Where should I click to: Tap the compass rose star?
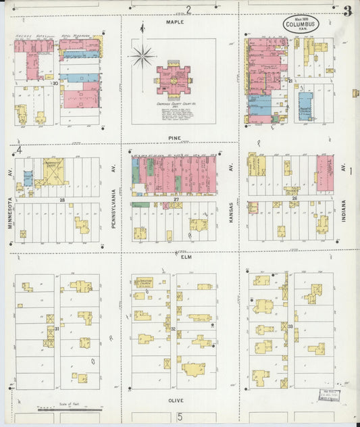point(142,56)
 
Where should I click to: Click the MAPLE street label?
point(175,22)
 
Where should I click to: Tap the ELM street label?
point(187,257)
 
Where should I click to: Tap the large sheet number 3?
point(347,11)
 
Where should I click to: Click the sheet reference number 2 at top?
point(189,9)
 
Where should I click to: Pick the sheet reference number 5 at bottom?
point(180,417)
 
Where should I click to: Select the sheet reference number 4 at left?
point(20,149)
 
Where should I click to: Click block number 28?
point(61,200)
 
